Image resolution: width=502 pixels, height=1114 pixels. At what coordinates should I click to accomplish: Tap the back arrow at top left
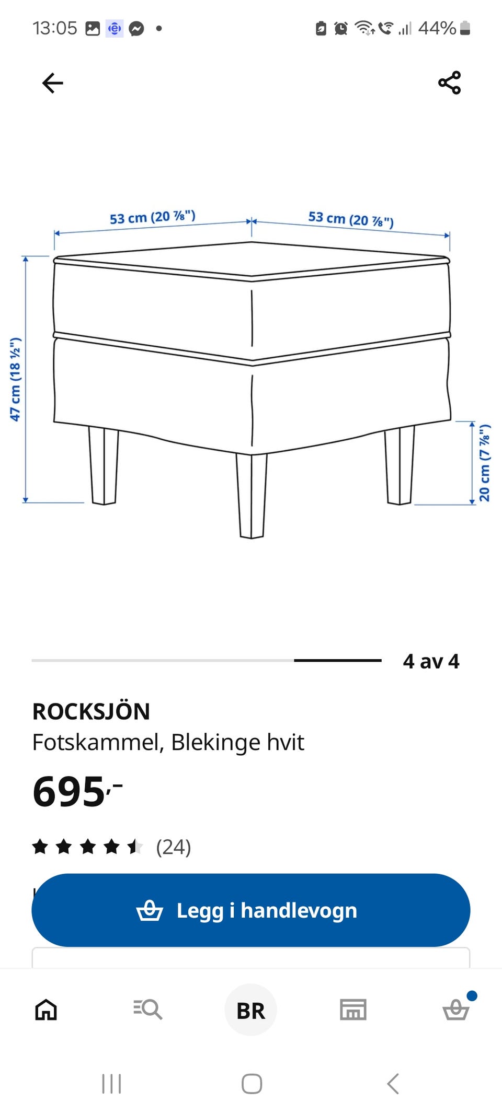(x=52, y=83)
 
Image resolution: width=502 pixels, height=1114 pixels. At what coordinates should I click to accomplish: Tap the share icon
(x=450, y=83)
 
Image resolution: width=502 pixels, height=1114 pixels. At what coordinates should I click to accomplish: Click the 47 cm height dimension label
(x=15, y=379)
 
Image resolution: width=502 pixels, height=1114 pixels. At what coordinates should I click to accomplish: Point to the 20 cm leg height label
(x=485, y=463)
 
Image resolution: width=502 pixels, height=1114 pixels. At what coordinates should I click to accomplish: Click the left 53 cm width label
(x=152, y=217)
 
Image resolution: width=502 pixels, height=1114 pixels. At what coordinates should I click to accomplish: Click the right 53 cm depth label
(x=351, y=219)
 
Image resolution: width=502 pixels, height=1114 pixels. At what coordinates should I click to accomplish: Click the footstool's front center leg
(x=252, y=495)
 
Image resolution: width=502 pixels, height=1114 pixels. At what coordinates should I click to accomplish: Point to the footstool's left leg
(x=104, y=465)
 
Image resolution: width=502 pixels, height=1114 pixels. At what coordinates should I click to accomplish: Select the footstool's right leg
(x=400, y=465)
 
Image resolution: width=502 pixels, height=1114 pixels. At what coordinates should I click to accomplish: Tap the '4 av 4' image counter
(x=431, y=661)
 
